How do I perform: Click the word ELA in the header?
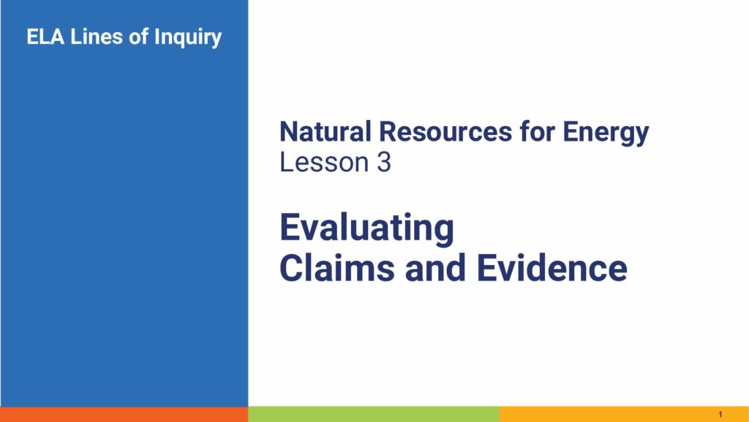click(45, 37)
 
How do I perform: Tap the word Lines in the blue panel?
click(97, 37)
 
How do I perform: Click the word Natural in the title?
click(325, 132)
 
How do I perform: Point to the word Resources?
click(445, 132)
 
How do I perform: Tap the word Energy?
click(606, 133)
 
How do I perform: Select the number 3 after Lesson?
click(384, 162)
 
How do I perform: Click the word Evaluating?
click(367, 229)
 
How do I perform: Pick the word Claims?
click(337, 268)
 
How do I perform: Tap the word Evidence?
click(552, 268)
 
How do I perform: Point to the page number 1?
click(720, 415)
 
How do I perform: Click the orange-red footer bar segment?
click(124, 415)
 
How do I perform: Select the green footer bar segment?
click(374, 415)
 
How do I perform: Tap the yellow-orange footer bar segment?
click(625, 415)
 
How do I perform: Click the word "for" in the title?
click(538, 132)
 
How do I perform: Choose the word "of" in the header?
click(138, 37)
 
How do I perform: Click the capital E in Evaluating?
click(290, 227)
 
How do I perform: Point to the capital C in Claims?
click(292, 268)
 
